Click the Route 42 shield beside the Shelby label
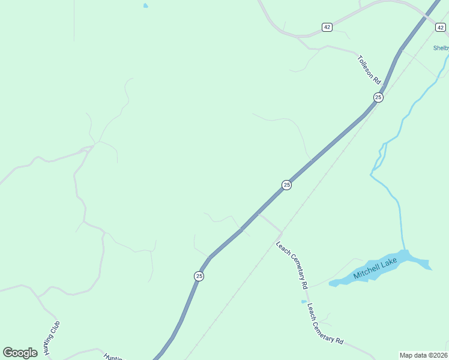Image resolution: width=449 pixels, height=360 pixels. [440, 28]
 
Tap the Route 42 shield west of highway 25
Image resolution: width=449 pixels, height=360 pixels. [327, 27]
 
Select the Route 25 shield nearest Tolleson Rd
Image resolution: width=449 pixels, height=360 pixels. [378, 97]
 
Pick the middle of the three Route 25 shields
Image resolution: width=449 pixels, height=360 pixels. [286, 185]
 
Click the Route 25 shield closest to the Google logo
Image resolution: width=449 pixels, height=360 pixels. [199, 276]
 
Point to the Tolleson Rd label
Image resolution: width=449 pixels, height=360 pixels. [370, 70]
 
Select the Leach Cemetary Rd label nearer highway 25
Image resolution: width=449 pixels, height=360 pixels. [292, 263]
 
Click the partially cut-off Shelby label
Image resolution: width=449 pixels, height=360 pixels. [441, 49]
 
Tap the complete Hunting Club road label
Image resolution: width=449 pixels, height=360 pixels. [52, 338]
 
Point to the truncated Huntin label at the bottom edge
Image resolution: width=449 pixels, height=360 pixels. [113, 356]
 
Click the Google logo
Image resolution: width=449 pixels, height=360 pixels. [20, 353]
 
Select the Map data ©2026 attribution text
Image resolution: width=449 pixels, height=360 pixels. [423, 355]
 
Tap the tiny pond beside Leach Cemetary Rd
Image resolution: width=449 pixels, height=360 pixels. [303, 301]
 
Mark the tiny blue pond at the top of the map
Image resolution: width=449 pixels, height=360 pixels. [145, 6]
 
